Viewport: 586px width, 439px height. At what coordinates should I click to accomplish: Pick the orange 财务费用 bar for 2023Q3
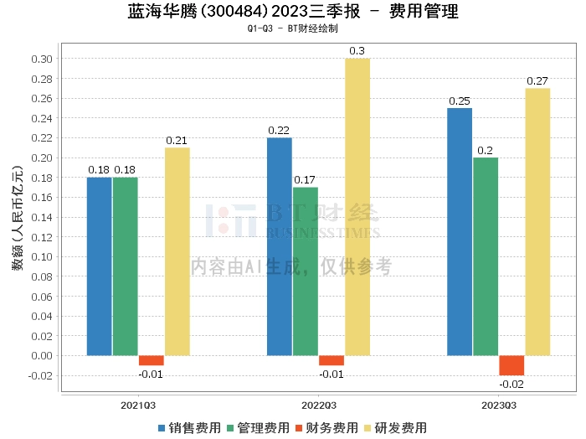pos(511,365)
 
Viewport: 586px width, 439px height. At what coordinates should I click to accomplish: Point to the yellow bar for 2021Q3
pos(177,251)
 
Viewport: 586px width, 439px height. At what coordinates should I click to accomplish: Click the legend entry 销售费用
pos(188,427)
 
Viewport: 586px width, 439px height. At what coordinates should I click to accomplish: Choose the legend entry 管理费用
pos(257,427)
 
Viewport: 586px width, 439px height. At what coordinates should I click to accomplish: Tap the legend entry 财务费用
pos(326,427)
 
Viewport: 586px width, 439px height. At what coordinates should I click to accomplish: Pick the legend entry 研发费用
pos(395,427)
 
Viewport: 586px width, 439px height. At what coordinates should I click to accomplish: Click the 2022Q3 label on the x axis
pos(318,405)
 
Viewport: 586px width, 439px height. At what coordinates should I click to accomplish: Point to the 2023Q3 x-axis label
pos(498,405)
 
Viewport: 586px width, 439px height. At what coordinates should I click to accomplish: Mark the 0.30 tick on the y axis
pos(42,59)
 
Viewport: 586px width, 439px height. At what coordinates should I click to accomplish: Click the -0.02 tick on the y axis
pos(40,375)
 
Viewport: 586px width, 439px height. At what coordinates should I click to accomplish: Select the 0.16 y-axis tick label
pos(42,197)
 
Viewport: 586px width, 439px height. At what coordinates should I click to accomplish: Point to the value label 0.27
pos(537,81)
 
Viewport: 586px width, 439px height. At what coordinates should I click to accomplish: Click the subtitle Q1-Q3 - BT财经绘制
pos(293,29)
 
